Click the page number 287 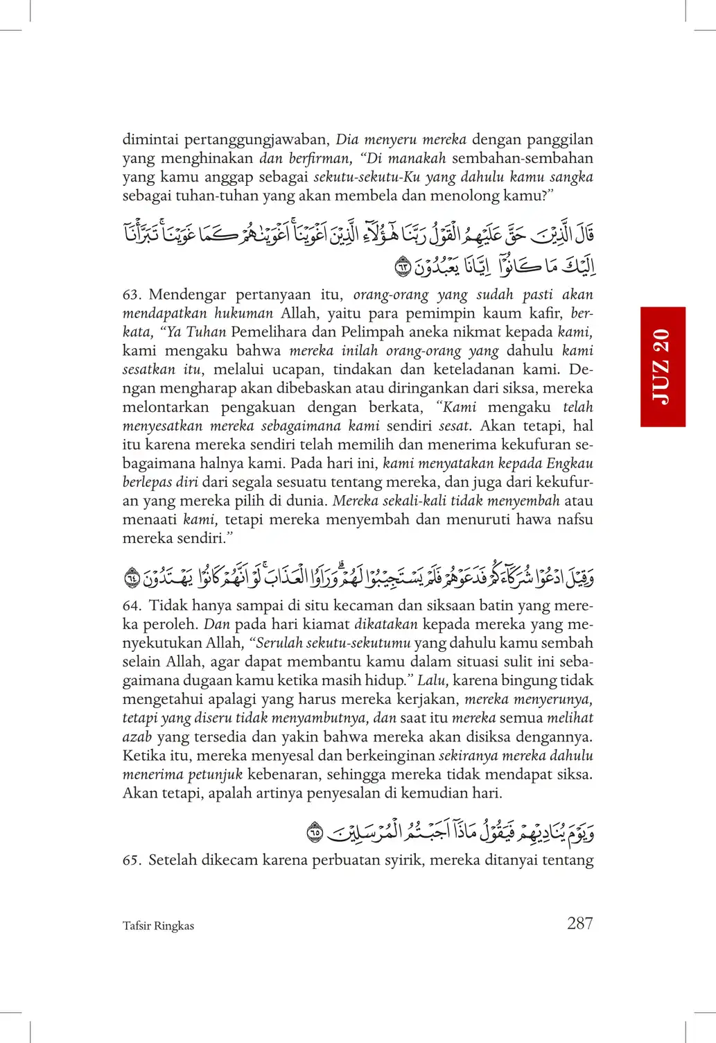tap(579, 923)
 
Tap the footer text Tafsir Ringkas tap(158, 926)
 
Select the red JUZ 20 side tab tap(663, 366)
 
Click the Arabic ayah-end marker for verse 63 tap(403, 266)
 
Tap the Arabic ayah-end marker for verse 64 tap(132, 577)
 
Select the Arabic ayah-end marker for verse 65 tap(315, 831)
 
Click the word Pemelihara tap(268, 332)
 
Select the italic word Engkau tap(570, 463)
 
